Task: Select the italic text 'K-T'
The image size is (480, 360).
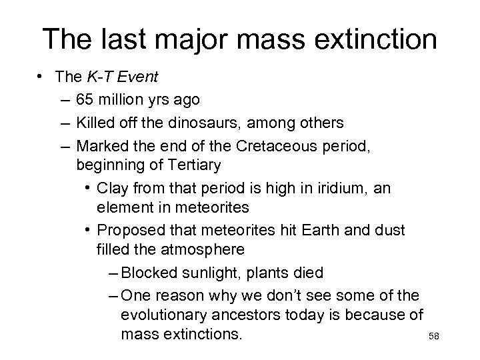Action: [99, 77]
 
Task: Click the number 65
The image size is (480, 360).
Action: [85, 99]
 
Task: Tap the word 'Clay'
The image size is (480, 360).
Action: [113, 189]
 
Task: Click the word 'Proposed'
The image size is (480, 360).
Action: [129, 230]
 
